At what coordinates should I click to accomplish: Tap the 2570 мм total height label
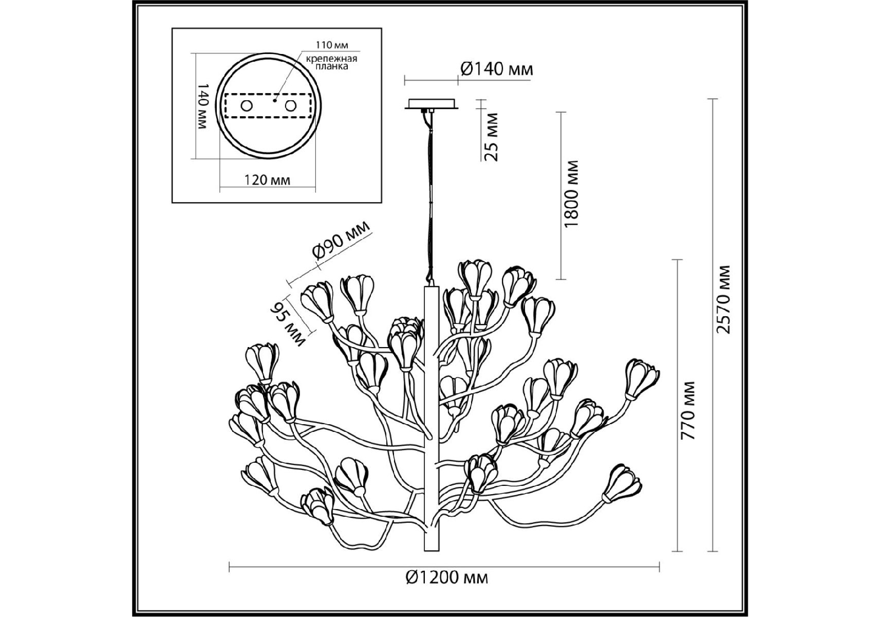(x=724, y=300)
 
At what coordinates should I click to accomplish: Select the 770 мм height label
(x=687, y=410)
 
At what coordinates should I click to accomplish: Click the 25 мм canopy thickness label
(x=492, y=137)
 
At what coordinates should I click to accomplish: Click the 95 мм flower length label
(x=288, y=322)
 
